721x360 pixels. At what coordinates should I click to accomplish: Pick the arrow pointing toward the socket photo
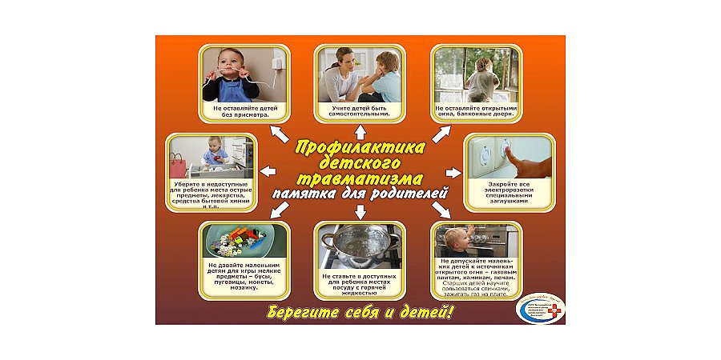point(453,172)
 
